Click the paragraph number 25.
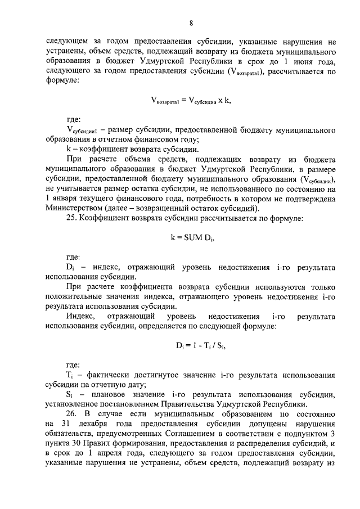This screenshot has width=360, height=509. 71,218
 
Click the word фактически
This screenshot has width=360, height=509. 105,373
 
